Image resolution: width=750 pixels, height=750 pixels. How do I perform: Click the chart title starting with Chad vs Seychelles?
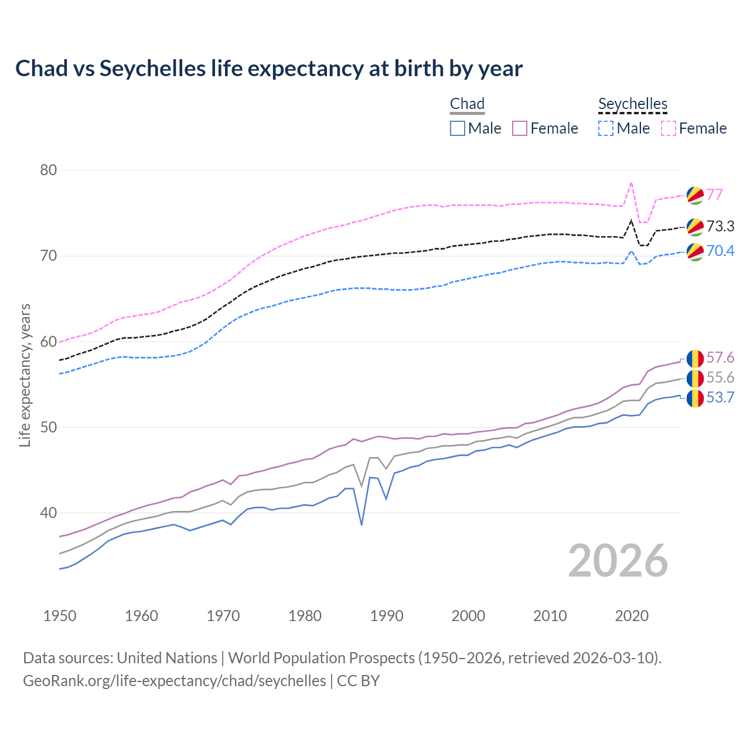pos(268,69)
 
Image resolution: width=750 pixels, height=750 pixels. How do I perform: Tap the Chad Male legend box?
pos(458,128)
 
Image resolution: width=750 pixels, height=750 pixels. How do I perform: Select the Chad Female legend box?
pos(520,128)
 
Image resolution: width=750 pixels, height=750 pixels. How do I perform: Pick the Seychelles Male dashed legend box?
pos(606,128)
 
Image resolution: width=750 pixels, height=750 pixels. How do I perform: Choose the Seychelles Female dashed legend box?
pos(669,128)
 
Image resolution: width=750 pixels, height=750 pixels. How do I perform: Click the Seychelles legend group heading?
pos(633,104)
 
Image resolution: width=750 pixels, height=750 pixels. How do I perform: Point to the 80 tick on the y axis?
pos(48,171)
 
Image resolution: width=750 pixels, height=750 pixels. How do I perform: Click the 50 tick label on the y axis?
pos(48,427)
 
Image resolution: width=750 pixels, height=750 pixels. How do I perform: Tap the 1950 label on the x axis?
pos(60,616)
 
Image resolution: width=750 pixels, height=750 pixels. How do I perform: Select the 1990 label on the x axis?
pos(387,616)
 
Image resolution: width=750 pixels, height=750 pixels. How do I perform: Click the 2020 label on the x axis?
pos(632,616)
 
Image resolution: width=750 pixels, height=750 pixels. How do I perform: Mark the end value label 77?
pos(714,195)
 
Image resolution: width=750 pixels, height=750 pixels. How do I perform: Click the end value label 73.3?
pos(720,226)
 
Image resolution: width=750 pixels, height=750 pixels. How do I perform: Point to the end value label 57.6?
pos(720,357)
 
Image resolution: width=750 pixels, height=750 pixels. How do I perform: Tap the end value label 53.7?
pos(720,398)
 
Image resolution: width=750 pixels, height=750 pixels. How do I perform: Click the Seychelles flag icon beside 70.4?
pos(695,251)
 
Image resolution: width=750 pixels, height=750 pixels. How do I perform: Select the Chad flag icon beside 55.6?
pos(695,379)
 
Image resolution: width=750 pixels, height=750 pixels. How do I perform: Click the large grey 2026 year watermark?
pos(618,561)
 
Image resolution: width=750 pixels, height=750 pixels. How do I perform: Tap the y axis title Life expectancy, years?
pos(25,375)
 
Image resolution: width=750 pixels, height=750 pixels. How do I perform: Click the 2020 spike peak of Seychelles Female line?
pos(631,183)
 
